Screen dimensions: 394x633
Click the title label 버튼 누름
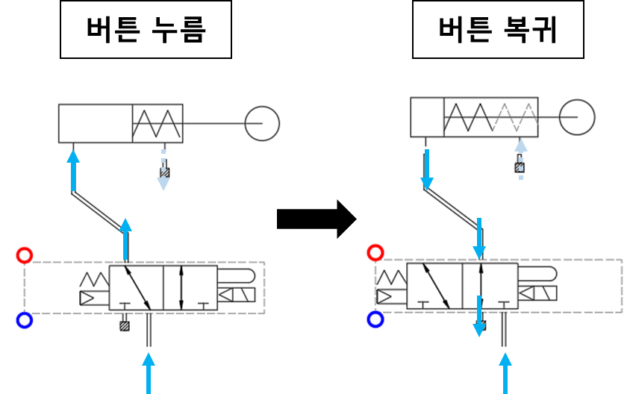(x=146, y=31)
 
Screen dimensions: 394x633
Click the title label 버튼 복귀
(x=498, y=31)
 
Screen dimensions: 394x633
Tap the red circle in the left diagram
(x=25, y=255)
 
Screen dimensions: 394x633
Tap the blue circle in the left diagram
(x=25, y=320)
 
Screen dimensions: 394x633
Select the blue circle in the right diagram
(x=375, y=319)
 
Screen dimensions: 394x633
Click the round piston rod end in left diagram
(x=262, y=123)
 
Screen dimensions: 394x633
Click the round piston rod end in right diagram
(x=576, y=118)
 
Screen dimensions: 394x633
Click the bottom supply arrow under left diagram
(x=149, y=372)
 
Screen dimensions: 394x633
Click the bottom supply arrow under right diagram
(x=506, y=372)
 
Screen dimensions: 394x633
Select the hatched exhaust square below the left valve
(x=125, y=325)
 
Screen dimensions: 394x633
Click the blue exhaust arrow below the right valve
(x=479, y=316)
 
